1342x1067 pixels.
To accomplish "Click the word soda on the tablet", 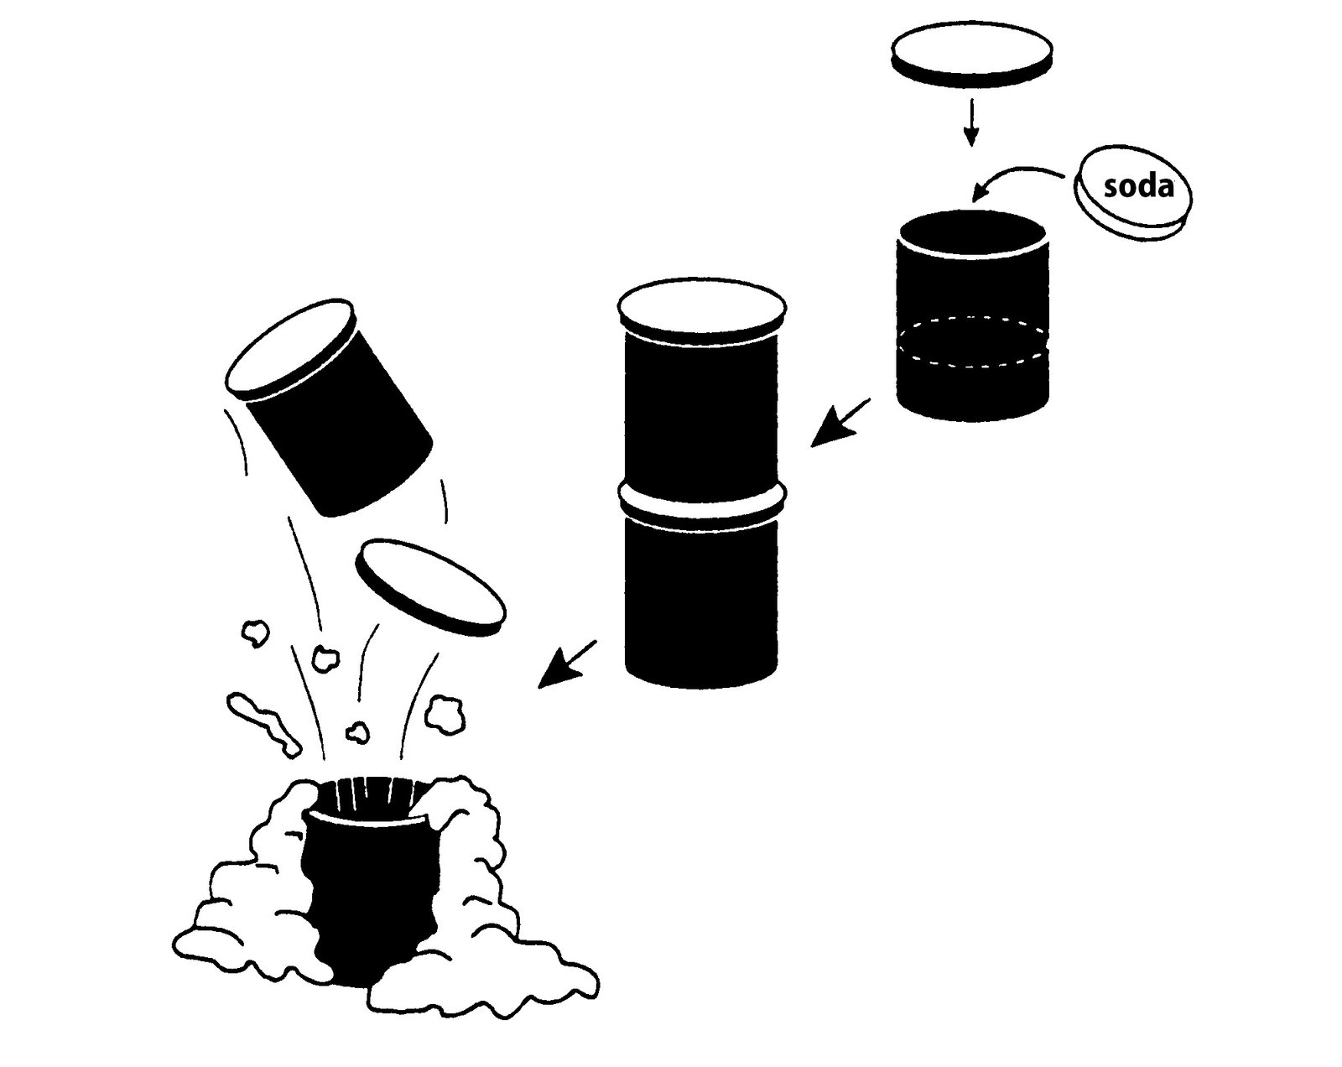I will [1138, 186].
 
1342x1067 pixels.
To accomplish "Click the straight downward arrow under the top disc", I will [971, 122].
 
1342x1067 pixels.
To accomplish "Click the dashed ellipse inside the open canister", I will [973, 342].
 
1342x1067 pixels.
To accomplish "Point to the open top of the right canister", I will [973, 231].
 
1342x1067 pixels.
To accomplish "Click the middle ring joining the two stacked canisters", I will [703, 503].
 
